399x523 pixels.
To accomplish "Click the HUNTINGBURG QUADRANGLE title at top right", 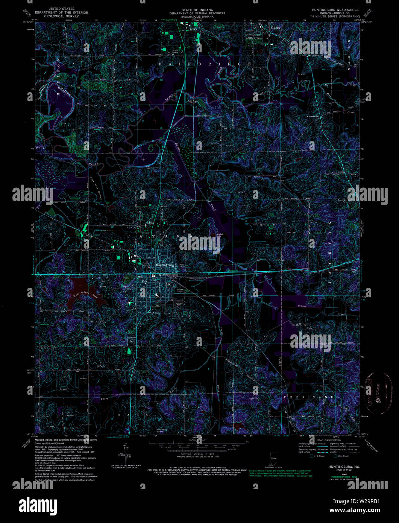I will tap(334, 9).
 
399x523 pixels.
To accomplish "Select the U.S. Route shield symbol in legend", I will tap(312, 456).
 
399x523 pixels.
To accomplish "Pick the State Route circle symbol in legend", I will tap(335, 456).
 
